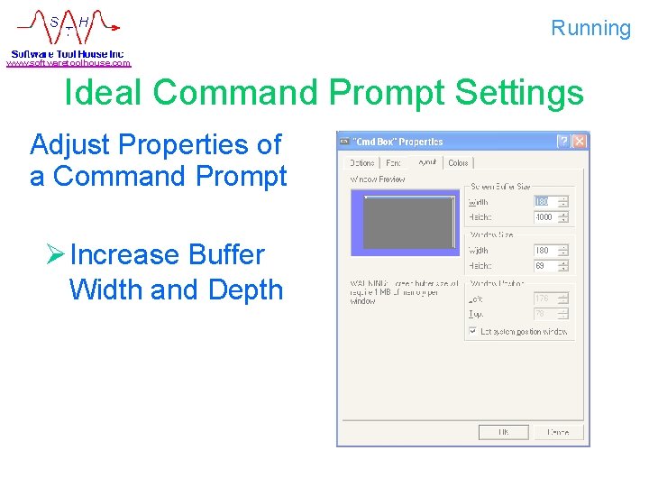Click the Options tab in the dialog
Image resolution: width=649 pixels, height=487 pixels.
(x=361, y=163)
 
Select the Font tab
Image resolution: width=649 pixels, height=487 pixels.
(x=393, y=163)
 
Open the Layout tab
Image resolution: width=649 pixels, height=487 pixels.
(x=425, y=162)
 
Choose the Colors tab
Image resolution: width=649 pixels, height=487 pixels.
(x=459, y=163)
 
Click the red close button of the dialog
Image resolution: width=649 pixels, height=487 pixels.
(x=580, y=142)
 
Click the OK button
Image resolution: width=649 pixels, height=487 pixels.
(x=503, y=432)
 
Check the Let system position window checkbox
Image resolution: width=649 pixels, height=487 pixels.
(x=472, y=332)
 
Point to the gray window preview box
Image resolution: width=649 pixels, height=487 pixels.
(x=409, y=222)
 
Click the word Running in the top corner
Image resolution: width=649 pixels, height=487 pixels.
(x=591, y=28)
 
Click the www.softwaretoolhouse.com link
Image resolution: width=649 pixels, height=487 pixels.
(x=69, y=63)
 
